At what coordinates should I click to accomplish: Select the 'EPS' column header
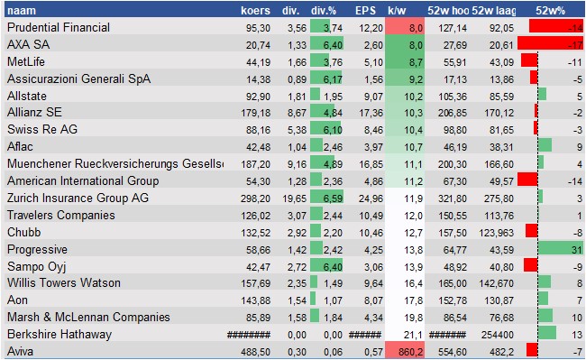[x=365, y=10]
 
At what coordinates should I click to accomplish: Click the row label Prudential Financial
[x=58, y=27]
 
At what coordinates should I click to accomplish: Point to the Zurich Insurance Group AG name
[x=78, y=198]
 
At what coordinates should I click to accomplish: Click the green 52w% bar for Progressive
[x=560, y=249]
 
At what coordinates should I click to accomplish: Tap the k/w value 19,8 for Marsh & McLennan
[x=413, y=317]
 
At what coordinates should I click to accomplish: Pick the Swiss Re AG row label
[x=41, y=129]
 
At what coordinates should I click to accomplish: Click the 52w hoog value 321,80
[x=452, y=198]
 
